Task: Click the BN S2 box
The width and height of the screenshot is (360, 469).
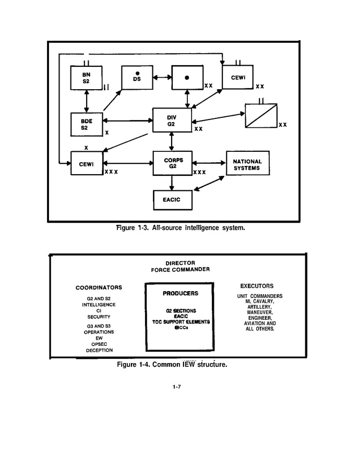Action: coord(86,78)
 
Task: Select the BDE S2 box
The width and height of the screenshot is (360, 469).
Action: coord(86,124)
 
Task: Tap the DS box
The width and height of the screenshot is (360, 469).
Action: coord(137,78)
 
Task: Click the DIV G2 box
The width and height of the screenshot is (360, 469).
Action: coord(172,120)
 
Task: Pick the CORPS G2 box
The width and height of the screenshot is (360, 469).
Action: coord(172,163)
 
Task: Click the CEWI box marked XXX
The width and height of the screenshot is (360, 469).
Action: coord(86,164)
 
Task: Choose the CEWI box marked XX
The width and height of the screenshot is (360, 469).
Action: coord(237,78)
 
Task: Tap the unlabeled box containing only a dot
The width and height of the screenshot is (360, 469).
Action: coord(187,78)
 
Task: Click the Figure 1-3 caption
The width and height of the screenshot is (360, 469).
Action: coord(180,227)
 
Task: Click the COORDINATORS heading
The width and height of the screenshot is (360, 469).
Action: coord(99,287)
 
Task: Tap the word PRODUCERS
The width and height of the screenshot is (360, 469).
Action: coord(180,293)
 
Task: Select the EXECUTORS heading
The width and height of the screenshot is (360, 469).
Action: coord(257,286)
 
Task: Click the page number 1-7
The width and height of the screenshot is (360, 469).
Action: coord(176,387)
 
